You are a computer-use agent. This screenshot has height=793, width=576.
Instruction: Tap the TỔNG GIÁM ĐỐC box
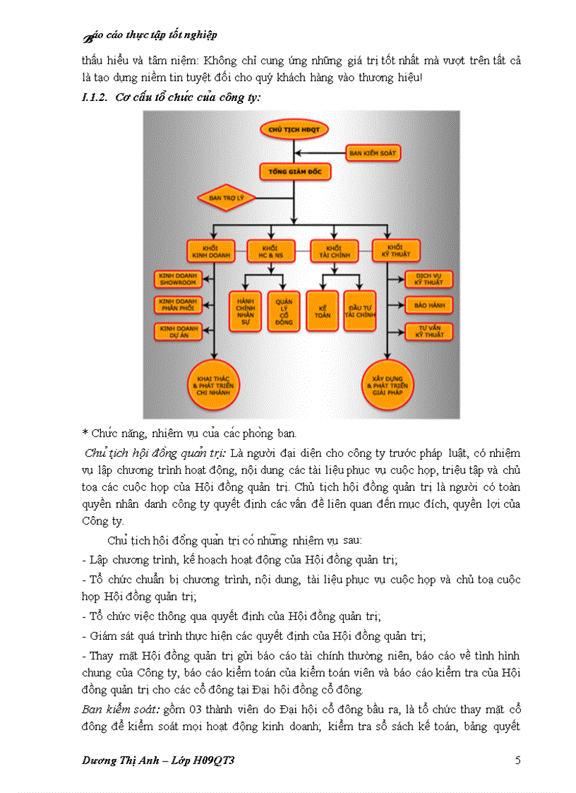coord(295,171)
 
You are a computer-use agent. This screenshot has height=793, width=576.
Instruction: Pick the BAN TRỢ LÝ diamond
coord(224,198)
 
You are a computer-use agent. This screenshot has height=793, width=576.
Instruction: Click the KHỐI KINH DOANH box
coord(210,250)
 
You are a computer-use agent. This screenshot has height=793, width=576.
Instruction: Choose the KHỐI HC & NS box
coord(270,250)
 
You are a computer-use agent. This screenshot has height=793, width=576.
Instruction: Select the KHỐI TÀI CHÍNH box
coord(333,250)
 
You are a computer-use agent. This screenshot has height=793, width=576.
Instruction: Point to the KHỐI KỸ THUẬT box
coord(395,250)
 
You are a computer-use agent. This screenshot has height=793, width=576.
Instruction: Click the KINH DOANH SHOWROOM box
coord(176,278)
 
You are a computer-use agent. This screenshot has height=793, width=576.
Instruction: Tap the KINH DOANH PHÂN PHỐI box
coord(176,304)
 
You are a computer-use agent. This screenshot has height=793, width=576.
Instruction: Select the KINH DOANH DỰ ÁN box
coord(176,331)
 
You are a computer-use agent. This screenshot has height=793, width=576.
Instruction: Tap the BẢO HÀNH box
coord(424,304)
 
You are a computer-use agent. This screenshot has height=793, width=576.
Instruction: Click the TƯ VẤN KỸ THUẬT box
coord(424,331)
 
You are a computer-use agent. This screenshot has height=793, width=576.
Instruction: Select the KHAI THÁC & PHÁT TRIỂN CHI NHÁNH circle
coord(215,385)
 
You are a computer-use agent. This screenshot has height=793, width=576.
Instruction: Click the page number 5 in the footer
coord(518,761)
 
